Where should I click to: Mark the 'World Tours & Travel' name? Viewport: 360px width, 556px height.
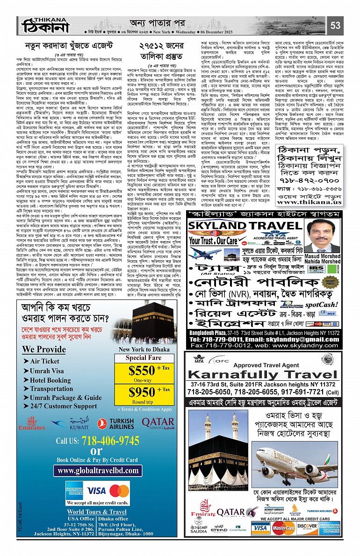coord(96,512)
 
